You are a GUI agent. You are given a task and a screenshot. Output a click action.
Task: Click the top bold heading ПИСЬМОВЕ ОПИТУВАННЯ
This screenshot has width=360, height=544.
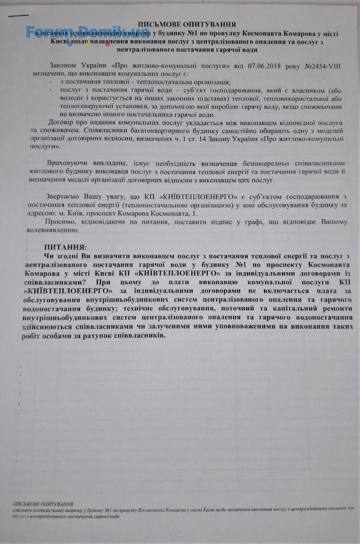[187, 24]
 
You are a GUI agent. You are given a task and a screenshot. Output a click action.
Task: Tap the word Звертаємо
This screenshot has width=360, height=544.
[62, 196]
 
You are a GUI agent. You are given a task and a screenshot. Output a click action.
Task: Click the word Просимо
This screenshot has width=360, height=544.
[60, 221]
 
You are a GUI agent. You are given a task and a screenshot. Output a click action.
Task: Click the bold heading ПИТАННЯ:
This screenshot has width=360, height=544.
[65, 247]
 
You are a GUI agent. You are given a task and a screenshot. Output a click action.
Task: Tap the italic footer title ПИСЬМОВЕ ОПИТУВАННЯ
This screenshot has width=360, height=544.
[43, 504]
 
